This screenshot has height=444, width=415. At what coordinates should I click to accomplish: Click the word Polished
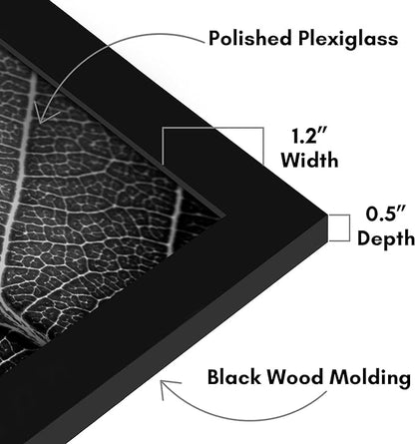[250, 38]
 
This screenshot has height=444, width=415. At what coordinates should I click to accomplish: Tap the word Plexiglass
[348, 39]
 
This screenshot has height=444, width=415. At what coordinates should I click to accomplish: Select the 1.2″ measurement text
[309, 136]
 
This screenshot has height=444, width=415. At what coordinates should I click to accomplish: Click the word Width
[309, 160]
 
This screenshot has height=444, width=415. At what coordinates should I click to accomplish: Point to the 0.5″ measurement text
[386, 214]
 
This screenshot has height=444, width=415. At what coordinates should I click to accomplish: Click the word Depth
[386, 238]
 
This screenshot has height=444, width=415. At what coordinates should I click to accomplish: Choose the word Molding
[370, 378]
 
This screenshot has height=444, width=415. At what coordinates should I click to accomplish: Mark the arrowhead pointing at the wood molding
[168, 388]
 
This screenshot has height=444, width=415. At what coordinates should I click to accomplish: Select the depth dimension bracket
[349, 227]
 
